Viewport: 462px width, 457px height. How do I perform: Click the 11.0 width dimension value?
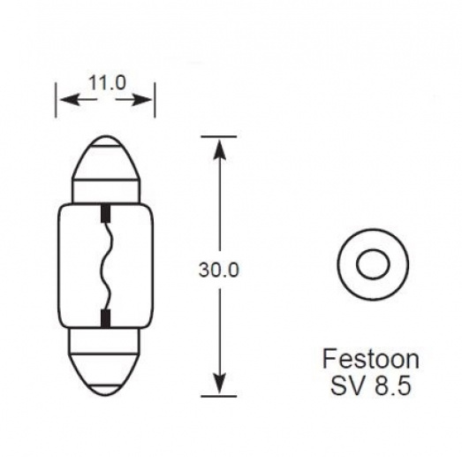tap(107, 83)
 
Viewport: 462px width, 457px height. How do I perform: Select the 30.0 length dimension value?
tap(219, 269)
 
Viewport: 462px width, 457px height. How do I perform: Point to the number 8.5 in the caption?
tap(388, 386)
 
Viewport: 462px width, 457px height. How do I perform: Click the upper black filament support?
tap(106, 213)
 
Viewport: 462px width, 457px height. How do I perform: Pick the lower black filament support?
tap(106, 316)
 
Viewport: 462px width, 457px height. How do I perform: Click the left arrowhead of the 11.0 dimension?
tap(64, 101)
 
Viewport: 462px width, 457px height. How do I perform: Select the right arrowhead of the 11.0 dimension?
tap(149, 101)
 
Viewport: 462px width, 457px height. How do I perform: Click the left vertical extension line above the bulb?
tap(57, 101)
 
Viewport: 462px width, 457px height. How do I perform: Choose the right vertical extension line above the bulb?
tap(156, 101)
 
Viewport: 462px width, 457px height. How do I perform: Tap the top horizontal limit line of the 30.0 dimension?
tap(218, 136)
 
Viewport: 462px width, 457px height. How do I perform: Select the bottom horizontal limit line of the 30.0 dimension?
tap(218, 395)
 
